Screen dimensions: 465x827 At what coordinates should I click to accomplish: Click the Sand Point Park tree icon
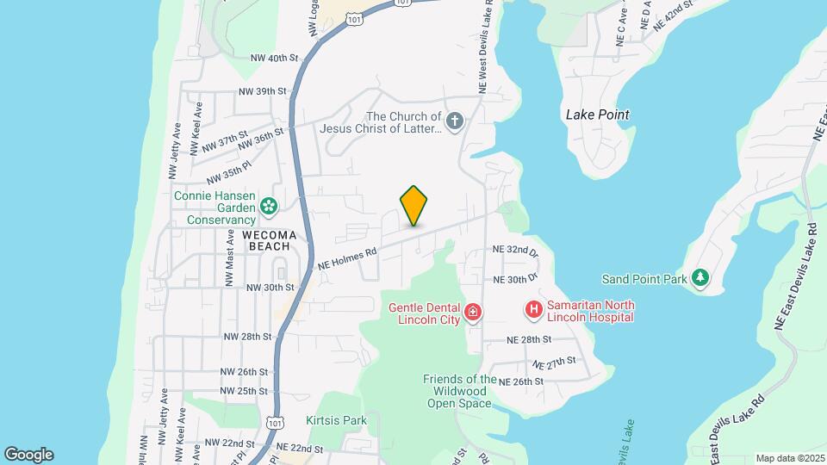[x=701, y=277]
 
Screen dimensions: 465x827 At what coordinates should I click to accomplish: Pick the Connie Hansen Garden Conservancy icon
[x=270, y=206]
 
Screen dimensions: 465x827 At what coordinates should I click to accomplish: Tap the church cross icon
[x=454, y=121]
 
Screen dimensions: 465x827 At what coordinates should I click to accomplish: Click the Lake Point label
[x=597, y=115]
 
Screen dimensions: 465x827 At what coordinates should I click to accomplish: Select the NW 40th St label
[x=273, y=59]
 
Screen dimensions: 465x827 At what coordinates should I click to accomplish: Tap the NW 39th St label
[x=262, y=91]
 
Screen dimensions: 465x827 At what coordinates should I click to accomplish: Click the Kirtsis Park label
[x=337, y=420]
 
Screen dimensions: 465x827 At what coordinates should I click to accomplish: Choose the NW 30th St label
[x=270, y=288]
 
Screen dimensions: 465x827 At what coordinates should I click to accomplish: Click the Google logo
[x=28, y=455]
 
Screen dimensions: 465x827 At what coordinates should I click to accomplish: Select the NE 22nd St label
[x=299, y=449]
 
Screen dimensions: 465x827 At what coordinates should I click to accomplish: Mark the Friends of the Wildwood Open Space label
[x=460, y=391]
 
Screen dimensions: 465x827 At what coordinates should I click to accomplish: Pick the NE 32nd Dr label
[x=515, y=251]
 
